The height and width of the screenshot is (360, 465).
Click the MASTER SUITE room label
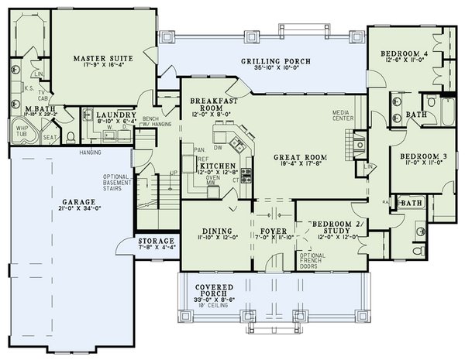104,58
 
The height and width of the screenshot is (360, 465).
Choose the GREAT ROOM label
299,157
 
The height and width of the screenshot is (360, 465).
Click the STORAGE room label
156,241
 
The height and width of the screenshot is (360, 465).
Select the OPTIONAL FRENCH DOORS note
312,260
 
